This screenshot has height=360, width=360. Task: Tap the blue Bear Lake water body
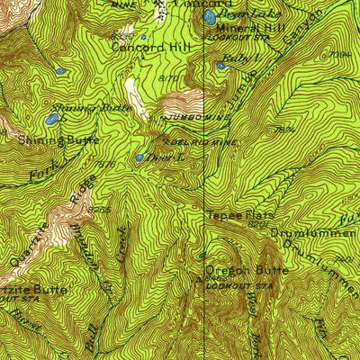pyautogui.click(x=210, y=17)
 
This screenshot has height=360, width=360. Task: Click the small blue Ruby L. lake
pyautogui.click(x=221, y=65)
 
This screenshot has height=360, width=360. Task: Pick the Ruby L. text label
pyautogui.click(x=240, y=58)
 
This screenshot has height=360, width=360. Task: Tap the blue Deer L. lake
pyautogui.click(x=139, y=157)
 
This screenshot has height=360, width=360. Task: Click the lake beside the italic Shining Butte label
pyautogui.click(x=52, y=118)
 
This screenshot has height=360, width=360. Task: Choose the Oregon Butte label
pyautogui.click(x=247, y=270)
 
